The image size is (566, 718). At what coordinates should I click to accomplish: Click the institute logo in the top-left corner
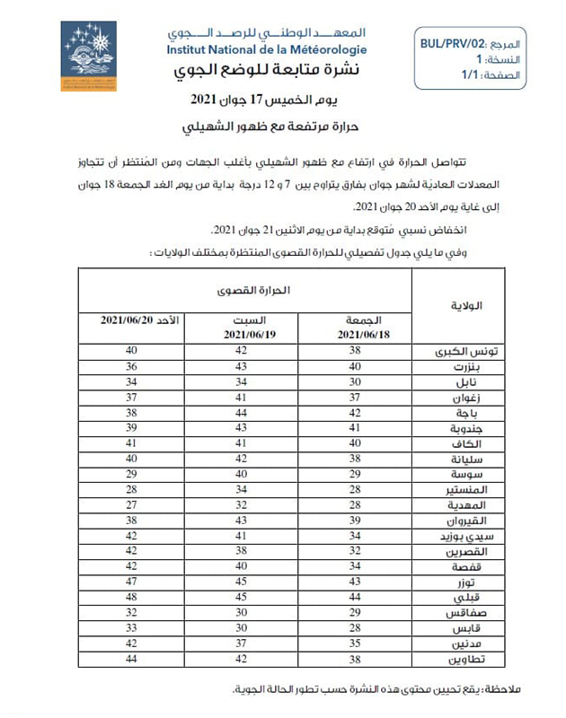click(88, 56)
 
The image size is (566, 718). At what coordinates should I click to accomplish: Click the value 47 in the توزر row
click(132, 582)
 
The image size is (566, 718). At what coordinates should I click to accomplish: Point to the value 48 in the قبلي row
click(132, 597)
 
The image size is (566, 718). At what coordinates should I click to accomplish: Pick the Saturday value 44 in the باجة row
click(241, 413)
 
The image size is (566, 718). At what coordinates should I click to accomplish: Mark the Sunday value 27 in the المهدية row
click(132, 505)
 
